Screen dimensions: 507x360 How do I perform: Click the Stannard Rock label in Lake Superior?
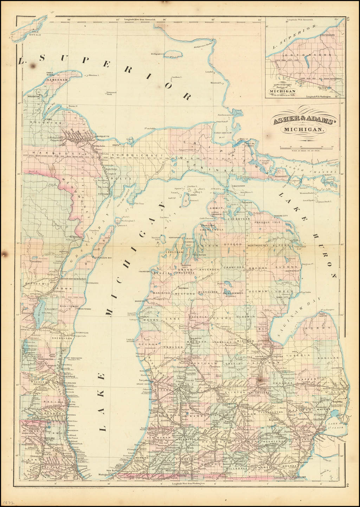(111, 93)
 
